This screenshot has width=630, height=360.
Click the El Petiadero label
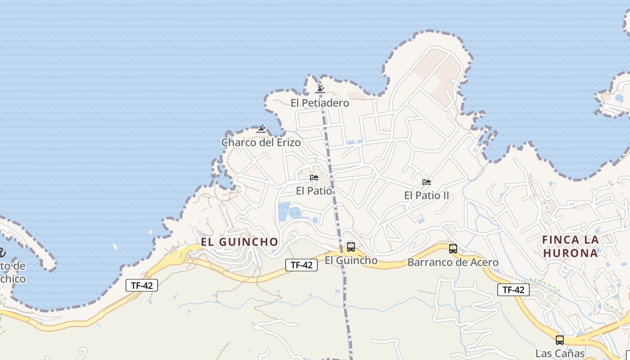tap(319, 103)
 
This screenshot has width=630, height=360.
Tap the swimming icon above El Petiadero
tap(320, 90)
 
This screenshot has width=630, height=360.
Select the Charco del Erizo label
tap(261, 143)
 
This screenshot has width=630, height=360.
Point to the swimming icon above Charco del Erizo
tap(261, 130)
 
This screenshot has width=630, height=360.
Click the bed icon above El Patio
tap(314, 178)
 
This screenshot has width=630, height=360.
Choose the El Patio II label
tap(427, 195)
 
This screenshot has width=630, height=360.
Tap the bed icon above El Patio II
tap(427, 182)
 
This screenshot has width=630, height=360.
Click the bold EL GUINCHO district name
tap(239, 242)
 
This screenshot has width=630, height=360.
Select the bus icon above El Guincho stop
tap(351, 247)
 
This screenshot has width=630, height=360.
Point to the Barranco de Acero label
tap(453, 262)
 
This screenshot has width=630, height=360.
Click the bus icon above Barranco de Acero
tap(453, 249)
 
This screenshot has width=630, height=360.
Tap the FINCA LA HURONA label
tap(571, 246)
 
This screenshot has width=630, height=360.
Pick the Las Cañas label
tap(560, 353)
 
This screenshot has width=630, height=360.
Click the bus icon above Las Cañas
tap(560, 340)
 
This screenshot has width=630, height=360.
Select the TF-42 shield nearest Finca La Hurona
tap(513, 290)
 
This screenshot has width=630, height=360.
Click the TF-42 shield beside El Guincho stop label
tap(301, 265)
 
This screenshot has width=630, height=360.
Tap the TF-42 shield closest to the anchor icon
tap(142, 285)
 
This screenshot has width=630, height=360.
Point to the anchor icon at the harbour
tap(1, 253)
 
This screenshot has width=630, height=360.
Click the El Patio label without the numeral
tap(314, 191)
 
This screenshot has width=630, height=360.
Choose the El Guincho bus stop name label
tap(351, 260)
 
